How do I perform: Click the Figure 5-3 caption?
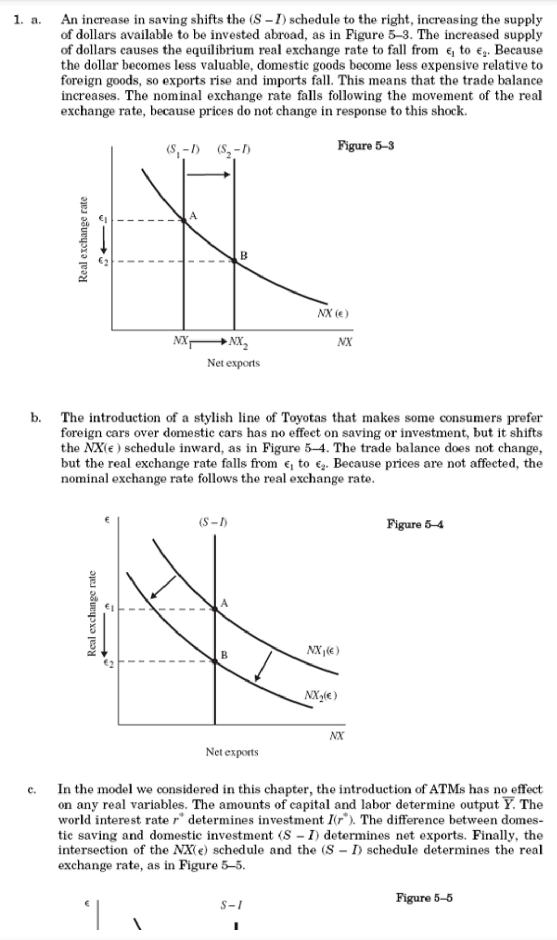click(x=366, y=145)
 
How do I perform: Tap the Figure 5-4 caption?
click(x=415, y=525)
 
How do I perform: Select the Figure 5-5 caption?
click(x=424, y=898)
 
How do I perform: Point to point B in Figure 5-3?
click(x=234, y=261)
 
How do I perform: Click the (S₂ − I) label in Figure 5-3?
click(x=234, y=151)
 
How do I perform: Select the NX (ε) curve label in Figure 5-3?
click(x=333, y=313)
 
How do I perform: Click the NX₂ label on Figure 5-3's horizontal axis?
click(x=238, y=342)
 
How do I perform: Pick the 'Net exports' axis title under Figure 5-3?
click(x=234, y=363)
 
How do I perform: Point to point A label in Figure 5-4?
click(x=224, y=603)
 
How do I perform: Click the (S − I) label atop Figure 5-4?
click(x=213, y=523)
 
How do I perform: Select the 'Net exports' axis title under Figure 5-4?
click(x=232, y=752)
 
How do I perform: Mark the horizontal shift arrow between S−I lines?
click(x=208, y=175)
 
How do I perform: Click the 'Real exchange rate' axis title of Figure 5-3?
click(x=83, y=239)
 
